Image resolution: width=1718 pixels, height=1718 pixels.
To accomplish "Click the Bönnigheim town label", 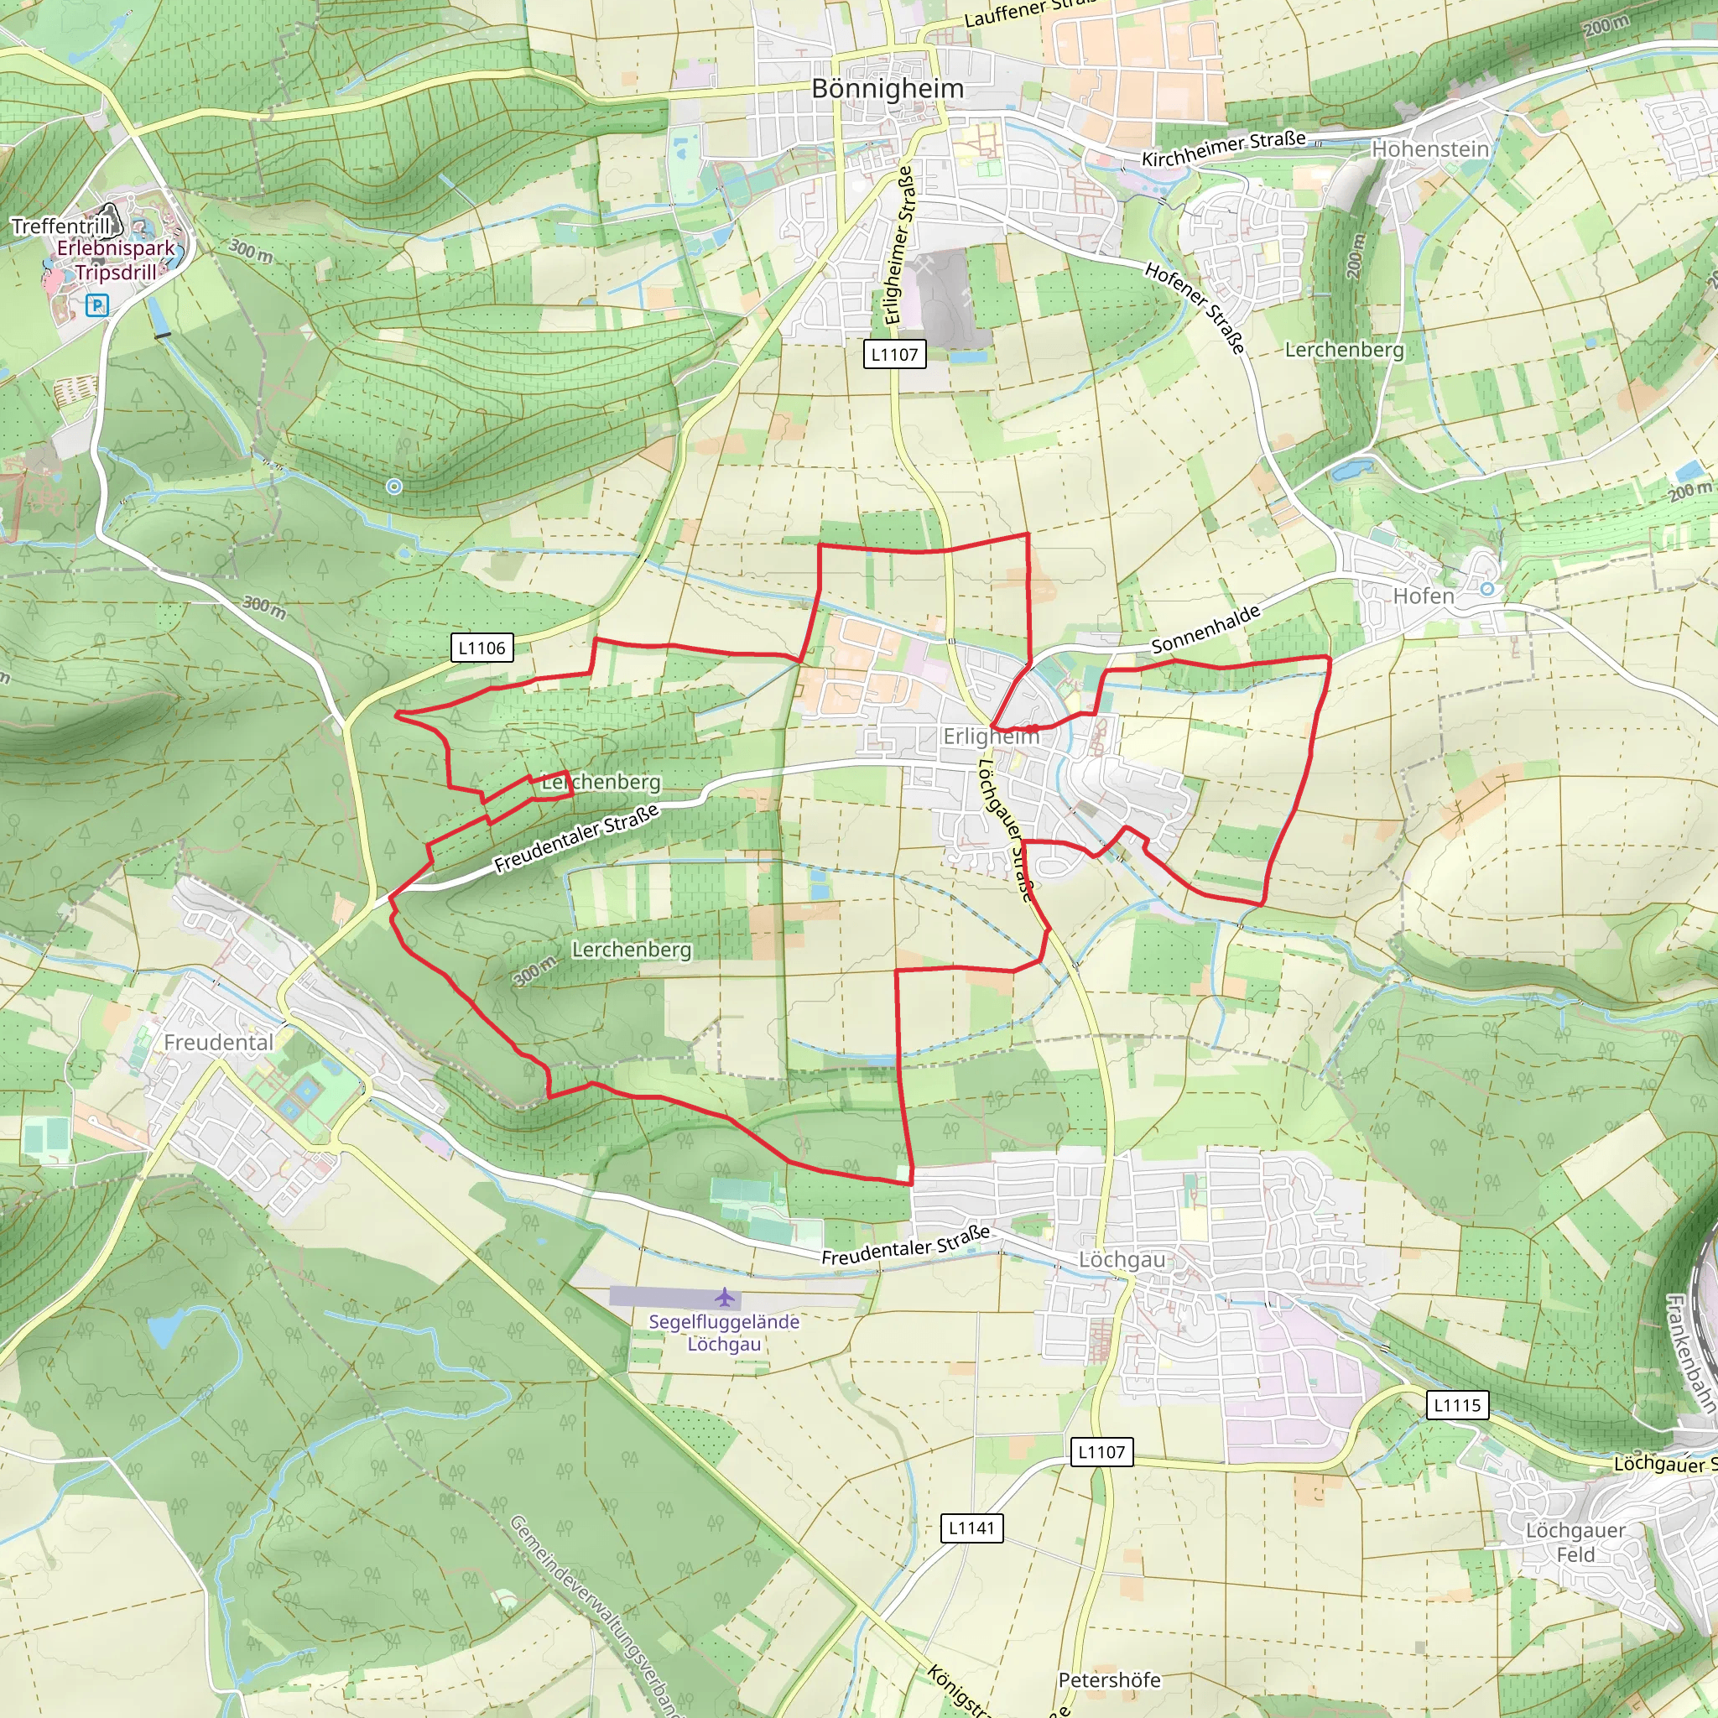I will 887,89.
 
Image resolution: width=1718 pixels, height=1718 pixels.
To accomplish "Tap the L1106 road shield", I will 482,648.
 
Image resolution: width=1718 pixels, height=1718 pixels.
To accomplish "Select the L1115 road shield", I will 1457,1405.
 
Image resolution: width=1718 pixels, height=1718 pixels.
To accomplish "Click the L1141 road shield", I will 971,1528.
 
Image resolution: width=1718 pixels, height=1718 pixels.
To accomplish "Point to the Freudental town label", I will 219,1042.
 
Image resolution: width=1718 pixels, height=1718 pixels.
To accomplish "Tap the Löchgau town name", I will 1122,1260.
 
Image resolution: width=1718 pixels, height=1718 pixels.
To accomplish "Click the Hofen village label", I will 1423,596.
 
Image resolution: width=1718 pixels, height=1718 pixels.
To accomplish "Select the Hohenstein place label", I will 1430,149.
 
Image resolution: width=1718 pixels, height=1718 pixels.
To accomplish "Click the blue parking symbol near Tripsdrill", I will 97,306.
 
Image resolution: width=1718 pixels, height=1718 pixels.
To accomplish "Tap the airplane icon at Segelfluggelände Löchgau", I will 726,1298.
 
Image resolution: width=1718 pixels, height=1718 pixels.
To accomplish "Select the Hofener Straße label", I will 1195,308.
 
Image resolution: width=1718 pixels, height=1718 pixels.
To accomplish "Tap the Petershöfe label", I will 1109,1679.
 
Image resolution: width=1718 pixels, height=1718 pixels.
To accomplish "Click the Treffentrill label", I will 60,226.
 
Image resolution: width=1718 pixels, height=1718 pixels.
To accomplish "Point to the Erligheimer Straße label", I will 899,245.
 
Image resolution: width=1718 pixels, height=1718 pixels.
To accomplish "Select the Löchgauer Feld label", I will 1575,1542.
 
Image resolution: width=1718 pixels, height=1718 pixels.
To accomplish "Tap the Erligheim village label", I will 990,737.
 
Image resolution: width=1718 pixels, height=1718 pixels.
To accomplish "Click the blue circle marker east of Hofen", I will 1486,589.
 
